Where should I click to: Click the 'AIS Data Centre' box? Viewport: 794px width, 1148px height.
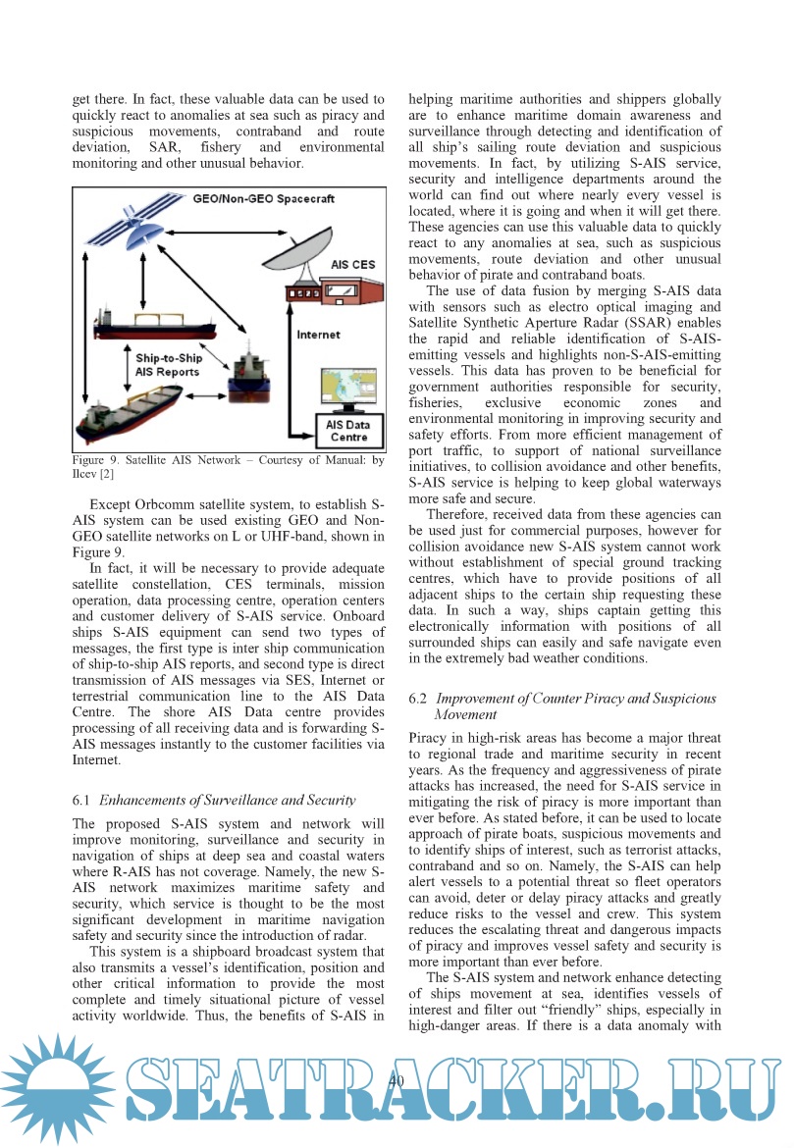pyautogui.click(x=348, y=430)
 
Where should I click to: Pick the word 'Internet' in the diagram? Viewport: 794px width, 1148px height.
pyautogui.click(x=319, y=335)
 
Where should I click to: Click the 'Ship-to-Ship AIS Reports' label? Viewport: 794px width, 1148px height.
pyautogui.click(x=169, y=365)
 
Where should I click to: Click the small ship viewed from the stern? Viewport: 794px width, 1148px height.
pyautogui.click(x=241, y=374)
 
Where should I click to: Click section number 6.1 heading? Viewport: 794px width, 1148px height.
pyautogui.click(x=81, y=801)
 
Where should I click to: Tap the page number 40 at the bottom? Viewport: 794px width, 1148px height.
pyautogui.click(x=397, y=1080)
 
